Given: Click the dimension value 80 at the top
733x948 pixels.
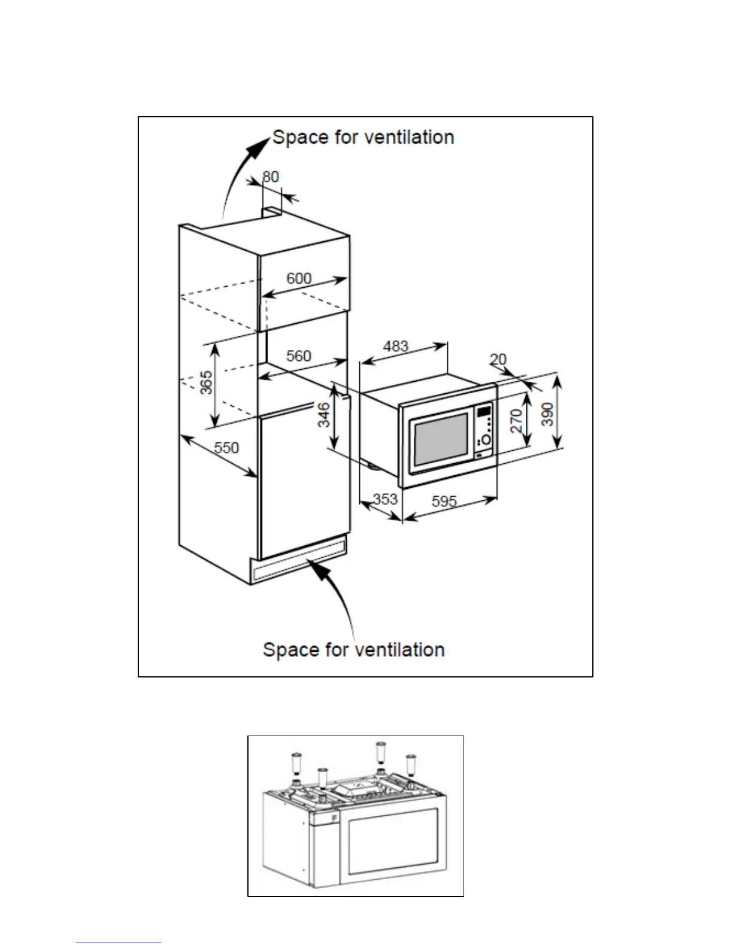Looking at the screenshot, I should (271, 177).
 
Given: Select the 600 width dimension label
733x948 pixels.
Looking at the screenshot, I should (299, 278).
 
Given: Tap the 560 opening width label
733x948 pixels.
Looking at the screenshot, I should (298, 356).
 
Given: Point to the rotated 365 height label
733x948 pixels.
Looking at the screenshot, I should (206, 382).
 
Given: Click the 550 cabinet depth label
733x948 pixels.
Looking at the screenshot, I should (226, 448).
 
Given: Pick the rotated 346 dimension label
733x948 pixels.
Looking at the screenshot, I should (323, 415).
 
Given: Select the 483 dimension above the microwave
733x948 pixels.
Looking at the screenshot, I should (395, 346).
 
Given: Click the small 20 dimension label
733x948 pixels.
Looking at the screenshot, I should (498, 359).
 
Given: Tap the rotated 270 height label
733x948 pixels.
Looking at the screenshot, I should (517, 421).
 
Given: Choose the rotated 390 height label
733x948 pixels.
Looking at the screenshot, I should (547, 414).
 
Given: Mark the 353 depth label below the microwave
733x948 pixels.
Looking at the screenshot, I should (385, 499).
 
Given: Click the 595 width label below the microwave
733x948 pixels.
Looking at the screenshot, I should (444, 501).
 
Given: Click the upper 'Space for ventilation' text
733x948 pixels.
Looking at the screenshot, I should (363, 138).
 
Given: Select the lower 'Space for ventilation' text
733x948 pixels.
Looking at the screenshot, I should (353, 650).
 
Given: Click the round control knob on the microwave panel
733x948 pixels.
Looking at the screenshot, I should (485, 440).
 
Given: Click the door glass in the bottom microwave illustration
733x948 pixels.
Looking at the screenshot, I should (392, 840).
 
